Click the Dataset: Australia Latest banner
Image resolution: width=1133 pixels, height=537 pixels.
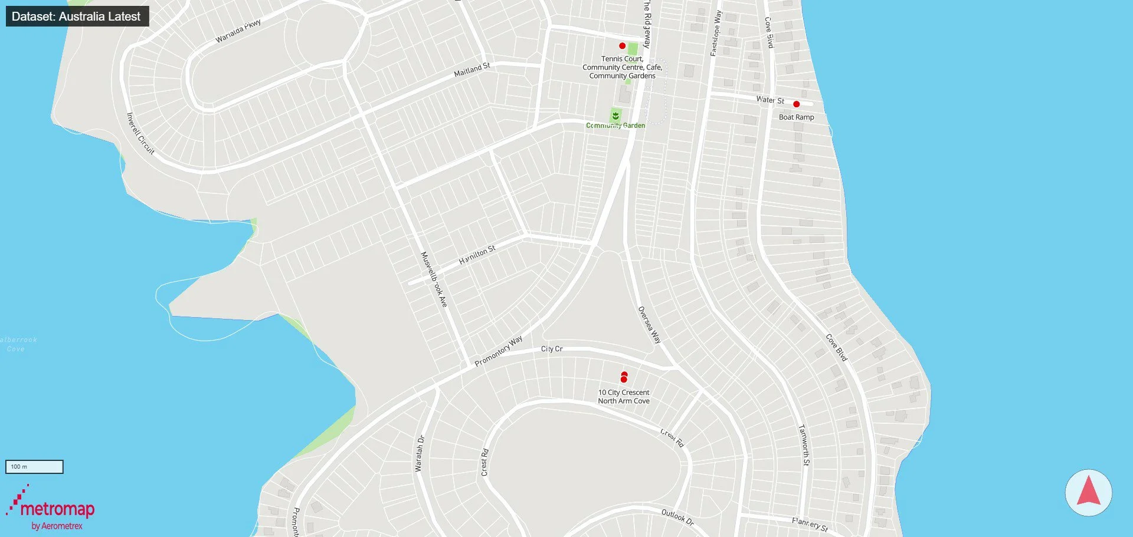coord(77,17)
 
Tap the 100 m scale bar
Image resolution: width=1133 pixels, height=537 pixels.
coord(34,467)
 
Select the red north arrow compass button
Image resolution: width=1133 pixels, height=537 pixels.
coord(1088,493)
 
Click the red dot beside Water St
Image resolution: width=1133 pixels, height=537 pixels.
coord(796,104)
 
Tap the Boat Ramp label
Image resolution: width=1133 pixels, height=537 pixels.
coord(796,117)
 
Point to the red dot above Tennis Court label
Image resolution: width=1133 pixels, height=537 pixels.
coord(622,46)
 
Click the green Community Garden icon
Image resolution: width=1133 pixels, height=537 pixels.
coord(615,116)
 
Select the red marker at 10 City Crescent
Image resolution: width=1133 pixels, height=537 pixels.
coord(624,377)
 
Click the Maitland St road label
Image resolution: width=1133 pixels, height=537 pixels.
coord(472,70)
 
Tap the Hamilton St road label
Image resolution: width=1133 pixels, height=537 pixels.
coord(477,255)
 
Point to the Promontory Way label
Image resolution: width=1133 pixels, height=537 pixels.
coord(499,351)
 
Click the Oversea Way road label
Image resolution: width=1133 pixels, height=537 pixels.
coord(649,325)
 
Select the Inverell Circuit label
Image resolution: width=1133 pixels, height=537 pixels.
coord(140,134)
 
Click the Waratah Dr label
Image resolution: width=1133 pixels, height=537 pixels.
coord(420,453)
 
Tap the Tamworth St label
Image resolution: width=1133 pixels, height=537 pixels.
coord(804,445)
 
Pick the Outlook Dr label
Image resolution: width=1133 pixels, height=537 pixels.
coord(677,517)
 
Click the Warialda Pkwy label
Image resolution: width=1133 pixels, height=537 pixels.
coord(238,31)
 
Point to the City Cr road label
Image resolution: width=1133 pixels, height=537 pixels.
coord(552,349)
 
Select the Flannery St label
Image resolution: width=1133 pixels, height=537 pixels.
coord(810,523)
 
